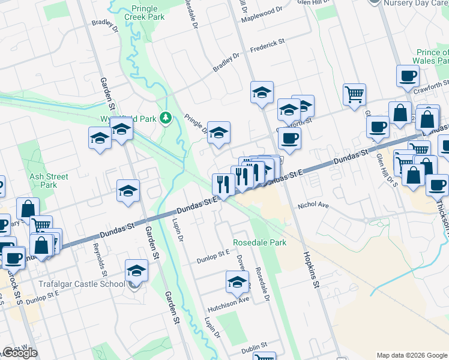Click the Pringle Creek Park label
[x=148, y=13]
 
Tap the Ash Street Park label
[x=49, y=181]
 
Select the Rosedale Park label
[x=260, y=242]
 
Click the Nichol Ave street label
[x=314, y=205]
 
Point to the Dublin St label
[x=253, y=349]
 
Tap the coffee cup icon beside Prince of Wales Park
[x=408, y=76]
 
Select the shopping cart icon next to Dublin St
[x=264, y=358]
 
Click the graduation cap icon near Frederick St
[x=262, y=92]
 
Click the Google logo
[x=20, y=353]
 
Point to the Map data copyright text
[x=412, y=355]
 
